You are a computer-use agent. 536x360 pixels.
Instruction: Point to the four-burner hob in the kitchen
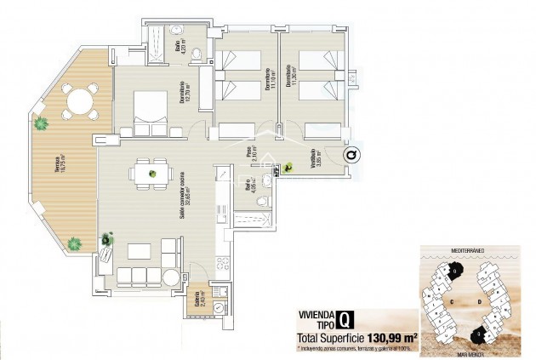[223, 264]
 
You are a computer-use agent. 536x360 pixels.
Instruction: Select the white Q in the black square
[342, 319]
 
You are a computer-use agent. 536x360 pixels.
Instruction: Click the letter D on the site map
[481, 300]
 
